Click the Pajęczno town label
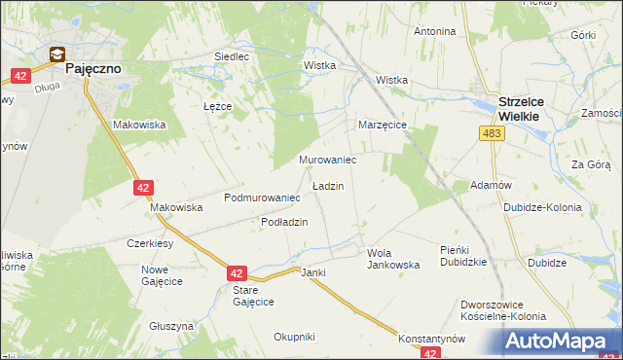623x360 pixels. tap(92, 71)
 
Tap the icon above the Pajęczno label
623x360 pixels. tap(58, 55)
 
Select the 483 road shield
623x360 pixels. tap(492, 132)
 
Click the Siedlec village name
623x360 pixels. tap(231, 56)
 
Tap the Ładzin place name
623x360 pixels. tap(327, 185)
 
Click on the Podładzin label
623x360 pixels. tap(284, 222)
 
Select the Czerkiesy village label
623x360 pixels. tap(150, 243)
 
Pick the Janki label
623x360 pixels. tap(312, 272)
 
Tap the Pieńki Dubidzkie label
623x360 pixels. tap(462, 256)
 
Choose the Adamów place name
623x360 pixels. tap(491, 185)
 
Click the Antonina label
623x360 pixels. tap(435, 31)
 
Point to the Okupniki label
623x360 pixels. tap(294, 337)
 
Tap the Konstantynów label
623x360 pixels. tap(431, 339)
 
